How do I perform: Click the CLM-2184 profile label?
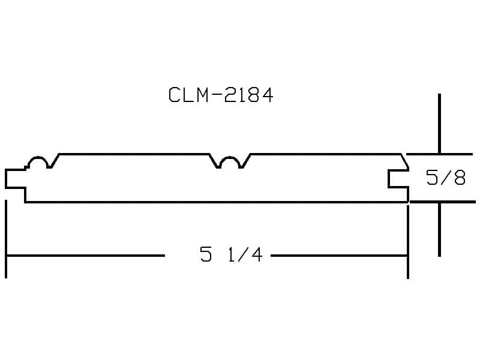pyautogui.click(x=221, y=95)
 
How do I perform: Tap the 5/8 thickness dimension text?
pyautogui.click(x=446, y=178)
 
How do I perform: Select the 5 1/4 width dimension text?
pyautogui.click(x=231, y=254)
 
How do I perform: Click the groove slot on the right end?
pyautogui.click(x=398, y=178)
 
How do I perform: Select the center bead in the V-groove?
pyautogui.click(x=230, y=161)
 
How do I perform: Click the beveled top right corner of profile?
pyautogui.click(x=404, y=161)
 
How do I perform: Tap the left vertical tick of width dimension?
pyautogui.click(x=6, y=239)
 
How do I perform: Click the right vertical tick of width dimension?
pyautogui.click(x=408, y=241)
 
